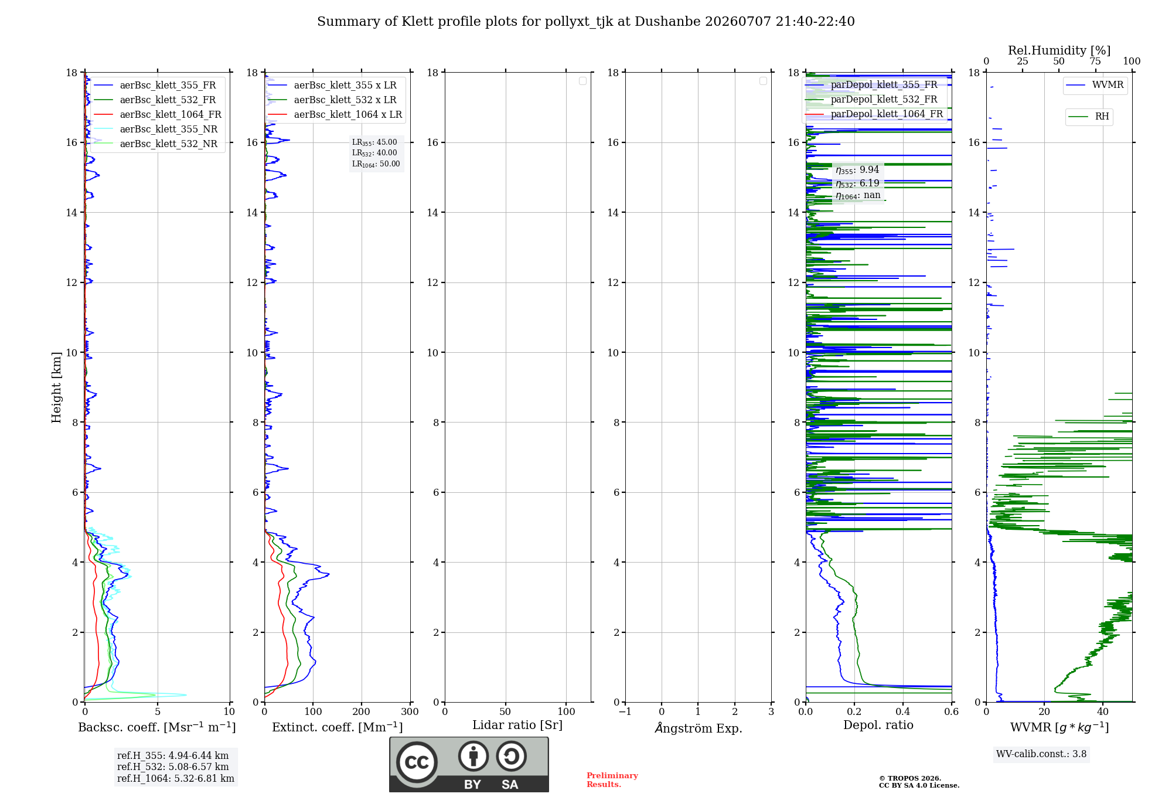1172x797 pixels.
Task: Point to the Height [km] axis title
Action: click(56, 387)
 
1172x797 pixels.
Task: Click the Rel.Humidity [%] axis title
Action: click(1059, 50)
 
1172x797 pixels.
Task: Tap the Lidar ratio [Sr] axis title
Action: click(517, 726)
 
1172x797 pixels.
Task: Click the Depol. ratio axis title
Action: click(878, 726)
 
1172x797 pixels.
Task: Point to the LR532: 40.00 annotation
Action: click(374, 153)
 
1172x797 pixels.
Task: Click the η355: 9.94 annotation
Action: click(857, 170)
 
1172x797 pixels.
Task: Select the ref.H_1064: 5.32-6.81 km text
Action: click(176, 778)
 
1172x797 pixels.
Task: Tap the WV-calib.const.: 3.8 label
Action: click(1041, 754)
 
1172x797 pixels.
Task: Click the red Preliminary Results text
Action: click(612, 780)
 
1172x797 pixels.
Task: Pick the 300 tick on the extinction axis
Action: click(410, 712)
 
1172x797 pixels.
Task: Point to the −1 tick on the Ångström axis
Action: click(625, 712)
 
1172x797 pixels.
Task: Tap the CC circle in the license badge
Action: click(417, 762)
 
